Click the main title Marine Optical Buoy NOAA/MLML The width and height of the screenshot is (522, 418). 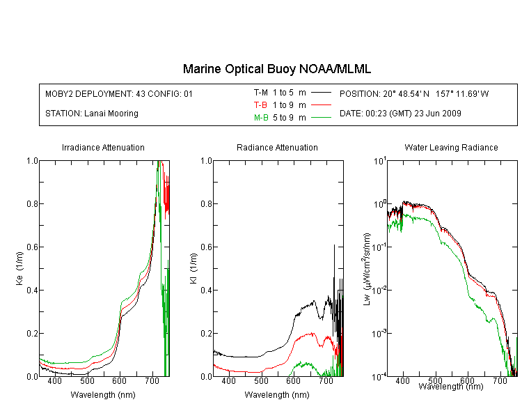click(x=276, y=69)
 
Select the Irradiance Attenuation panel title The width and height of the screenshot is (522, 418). click(x=103, y=147)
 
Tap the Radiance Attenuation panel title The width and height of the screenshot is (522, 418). click(x=277, y=147)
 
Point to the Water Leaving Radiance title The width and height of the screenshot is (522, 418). click(x=451, y=147)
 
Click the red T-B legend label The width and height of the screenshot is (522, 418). click(x=260, y=105)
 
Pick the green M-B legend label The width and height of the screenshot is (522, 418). click(x=261, y=117)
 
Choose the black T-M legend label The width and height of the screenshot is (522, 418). click(x=261, y=93)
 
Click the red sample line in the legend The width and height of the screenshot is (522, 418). click(x=321, y=105)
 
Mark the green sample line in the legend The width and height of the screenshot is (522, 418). click(x=321, y=117)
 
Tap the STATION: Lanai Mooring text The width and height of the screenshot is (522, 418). click(x=92, y=114)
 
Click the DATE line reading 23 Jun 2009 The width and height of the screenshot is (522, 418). click(x=400, y=114)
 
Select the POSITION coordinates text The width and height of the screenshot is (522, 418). click(x=414, y=93)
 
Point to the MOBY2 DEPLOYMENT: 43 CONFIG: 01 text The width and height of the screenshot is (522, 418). click(x=119, y=93)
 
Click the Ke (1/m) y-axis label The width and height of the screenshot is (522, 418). click(x=19, y=268)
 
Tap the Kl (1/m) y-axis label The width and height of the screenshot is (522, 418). click(x=193, y=268)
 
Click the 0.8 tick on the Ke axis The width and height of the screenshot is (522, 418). click(x=32, y=203)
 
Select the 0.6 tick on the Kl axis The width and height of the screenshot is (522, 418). click(x=207, y=247)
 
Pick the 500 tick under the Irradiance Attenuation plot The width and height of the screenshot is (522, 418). click(x=87, y=380)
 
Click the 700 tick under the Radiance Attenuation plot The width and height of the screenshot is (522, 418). click(x=326, y=380)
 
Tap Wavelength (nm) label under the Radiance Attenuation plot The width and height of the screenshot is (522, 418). click(x=277, y=395)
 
